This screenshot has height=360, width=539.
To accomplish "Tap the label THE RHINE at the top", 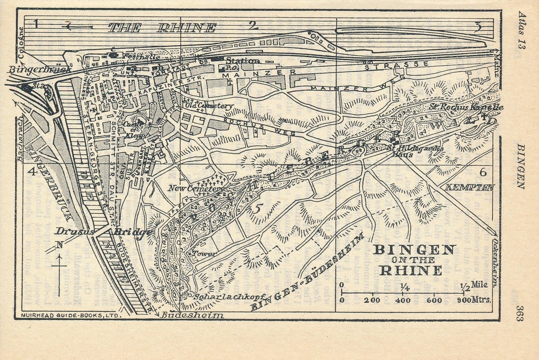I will (162, 28).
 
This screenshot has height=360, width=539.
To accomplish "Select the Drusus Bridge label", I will (103, 232).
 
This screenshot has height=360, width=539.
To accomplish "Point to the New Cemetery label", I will (194, 188).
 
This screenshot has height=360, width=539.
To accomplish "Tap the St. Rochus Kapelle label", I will (466, 107).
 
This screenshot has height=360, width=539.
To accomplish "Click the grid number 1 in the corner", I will (36, 23).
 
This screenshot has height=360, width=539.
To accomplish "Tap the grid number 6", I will (482, 173).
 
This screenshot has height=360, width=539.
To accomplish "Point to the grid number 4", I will (32, 172).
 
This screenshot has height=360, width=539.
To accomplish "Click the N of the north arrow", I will (59, 244).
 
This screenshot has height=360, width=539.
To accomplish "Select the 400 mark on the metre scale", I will (403, 300).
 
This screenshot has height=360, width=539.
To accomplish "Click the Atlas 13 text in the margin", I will (522, 30).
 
